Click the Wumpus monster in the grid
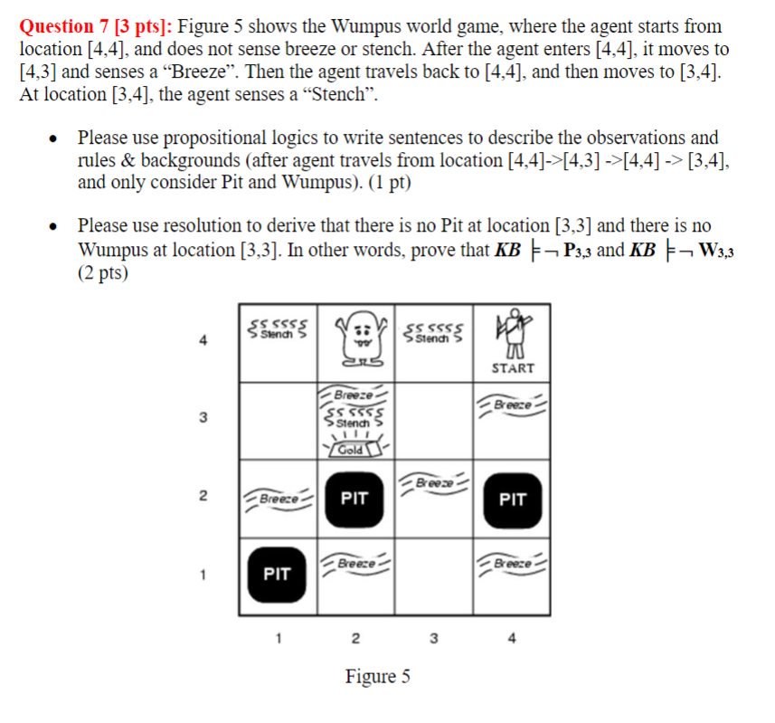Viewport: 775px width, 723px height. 355,339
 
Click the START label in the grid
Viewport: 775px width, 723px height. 513,368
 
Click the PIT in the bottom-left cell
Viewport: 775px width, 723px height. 277,574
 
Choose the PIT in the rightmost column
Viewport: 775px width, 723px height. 513,499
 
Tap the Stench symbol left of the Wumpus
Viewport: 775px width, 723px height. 278,327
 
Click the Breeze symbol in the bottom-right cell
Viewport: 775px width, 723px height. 513,562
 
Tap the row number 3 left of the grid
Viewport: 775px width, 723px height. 204,418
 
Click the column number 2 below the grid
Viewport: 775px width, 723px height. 354,639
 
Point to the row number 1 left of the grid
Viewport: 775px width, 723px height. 204,574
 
